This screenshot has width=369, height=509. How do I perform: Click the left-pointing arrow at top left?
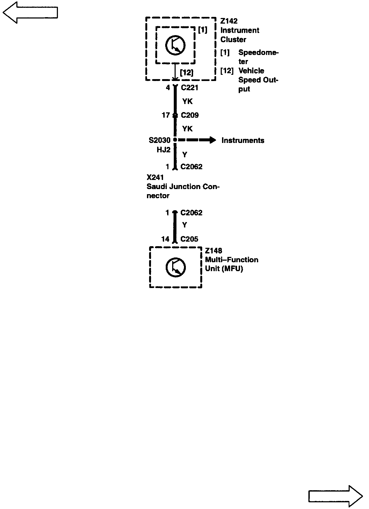coord(30,13)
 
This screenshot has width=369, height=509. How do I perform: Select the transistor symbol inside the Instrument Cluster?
coord(175,45)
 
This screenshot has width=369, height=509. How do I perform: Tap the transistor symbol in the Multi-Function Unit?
coord(176,267)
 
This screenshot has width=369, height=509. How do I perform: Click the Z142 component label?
coord(229,21)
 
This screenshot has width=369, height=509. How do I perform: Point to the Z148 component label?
coord(213,251)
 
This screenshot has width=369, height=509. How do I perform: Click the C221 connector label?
coord(190,88)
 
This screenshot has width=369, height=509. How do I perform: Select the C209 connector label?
coord(190,115)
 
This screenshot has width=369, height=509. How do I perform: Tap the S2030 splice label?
coord(160,140)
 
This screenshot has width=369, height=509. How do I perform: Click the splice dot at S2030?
coord(175,140)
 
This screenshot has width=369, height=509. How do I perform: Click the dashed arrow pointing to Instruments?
coord(197,140)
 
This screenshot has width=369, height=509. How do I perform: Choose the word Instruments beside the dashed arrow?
coord(243,141)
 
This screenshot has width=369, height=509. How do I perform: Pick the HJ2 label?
coord(164,150)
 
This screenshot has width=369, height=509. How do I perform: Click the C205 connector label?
coord(189,239)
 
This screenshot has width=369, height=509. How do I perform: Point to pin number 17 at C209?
coord(166,115)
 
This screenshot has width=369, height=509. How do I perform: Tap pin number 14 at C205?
coord(165,239)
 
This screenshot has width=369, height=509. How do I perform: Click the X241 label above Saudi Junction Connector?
coord(155,178)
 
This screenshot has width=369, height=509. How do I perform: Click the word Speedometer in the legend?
coord(258,53)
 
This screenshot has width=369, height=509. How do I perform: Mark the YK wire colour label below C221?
coord(187,101)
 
